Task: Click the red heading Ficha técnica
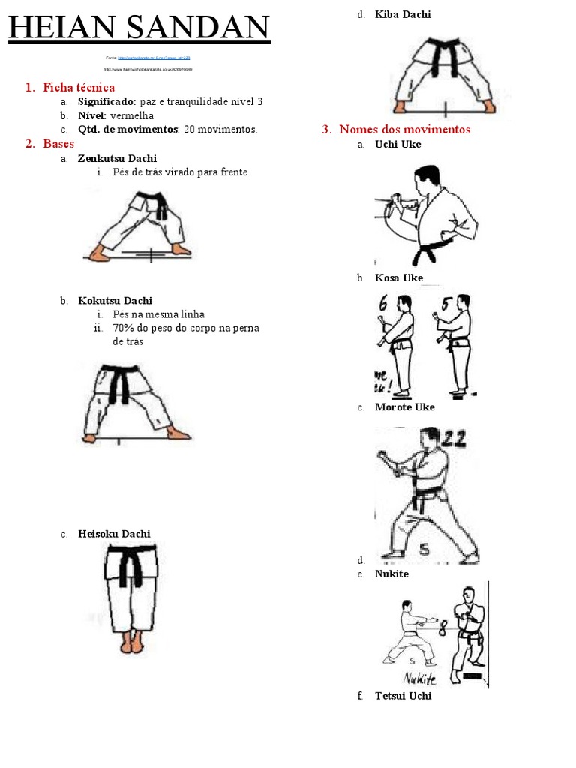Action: (79, 88)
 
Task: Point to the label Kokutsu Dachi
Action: (115, 301)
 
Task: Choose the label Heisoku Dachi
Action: (114, 534)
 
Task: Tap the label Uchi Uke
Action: (398, 144)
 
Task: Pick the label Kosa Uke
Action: (399, 277)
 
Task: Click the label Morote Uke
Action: (404, 406)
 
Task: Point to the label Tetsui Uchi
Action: (403, 696)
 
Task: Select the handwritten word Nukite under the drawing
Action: (420, 679)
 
